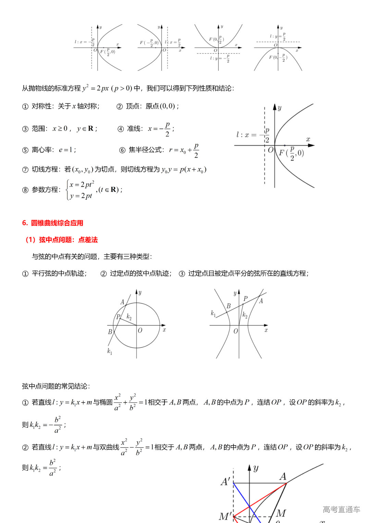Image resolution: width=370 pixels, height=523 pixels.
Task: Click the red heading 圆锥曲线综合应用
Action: tap(57, 223)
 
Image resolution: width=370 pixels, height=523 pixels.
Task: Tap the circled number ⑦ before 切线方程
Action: tap(25, 170)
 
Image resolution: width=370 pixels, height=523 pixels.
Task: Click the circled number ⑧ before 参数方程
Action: tap(25, 190)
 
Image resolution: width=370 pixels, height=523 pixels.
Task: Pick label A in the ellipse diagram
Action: tap(122, 302)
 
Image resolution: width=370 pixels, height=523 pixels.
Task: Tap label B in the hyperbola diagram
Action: tap(229, 306)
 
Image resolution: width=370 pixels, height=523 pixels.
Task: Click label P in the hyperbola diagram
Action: tap(245, 299)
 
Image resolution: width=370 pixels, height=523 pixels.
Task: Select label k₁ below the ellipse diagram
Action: tap(110, 351)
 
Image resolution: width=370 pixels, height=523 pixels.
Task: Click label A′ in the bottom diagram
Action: tap(225, 482)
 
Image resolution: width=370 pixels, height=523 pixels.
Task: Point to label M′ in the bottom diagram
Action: tap(225, 516)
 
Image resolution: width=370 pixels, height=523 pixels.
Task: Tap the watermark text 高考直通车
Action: tap(341, 510)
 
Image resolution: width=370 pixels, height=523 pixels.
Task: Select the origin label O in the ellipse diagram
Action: tap(140, 331)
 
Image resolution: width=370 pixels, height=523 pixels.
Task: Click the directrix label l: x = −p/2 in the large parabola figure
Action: tap(252, 135)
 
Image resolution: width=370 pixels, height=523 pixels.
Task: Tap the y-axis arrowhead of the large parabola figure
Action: tap(275, 107)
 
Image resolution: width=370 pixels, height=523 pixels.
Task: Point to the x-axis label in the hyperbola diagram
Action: tap(266, 330)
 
